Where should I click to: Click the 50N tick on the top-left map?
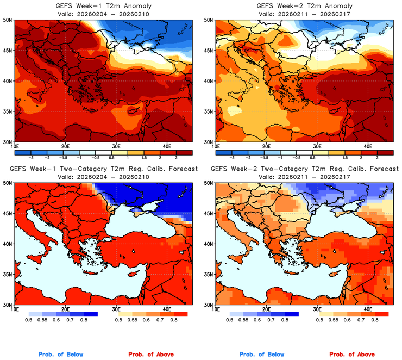[8, 20]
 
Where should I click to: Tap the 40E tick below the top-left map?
[166, 146]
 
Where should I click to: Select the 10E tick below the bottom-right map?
[216, 309]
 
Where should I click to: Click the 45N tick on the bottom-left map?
[8, 213]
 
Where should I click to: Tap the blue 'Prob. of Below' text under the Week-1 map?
[60, 355]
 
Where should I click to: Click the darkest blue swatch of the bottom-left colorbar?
[89, 314]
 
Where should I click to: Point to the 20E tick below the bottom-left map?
[65, 309]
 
